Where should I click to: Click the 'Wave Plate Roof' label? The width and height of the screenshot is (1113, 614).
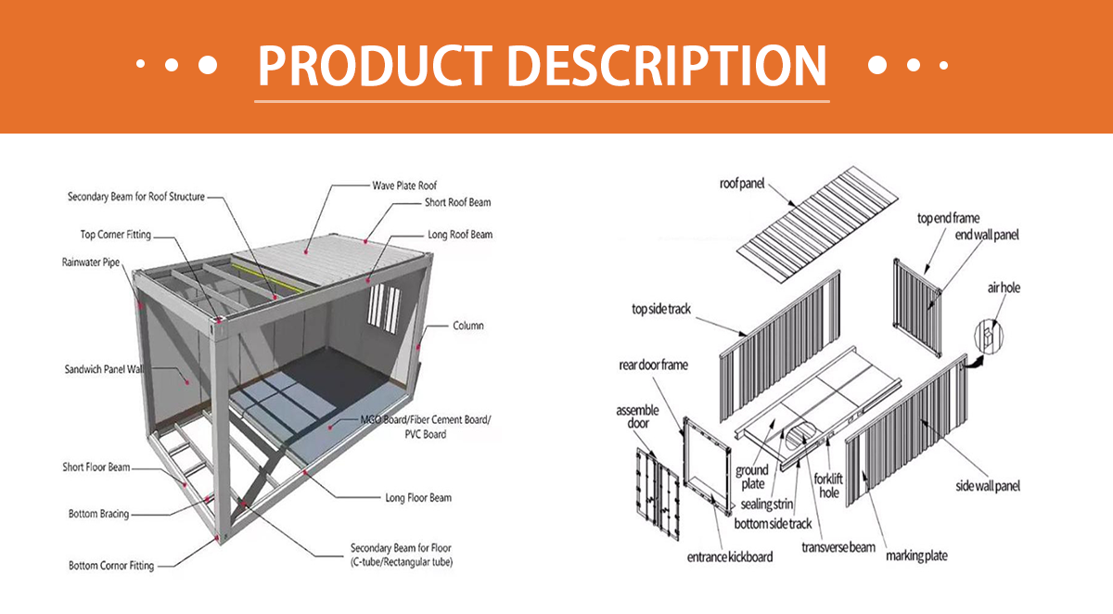click(x=404, y=185)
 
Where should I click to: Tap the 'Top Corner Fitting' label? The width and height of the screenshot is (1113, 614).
click(x=116, y=235)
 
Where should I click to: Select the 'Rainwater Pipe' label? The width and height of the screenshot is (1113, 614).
click(x=91, y=262)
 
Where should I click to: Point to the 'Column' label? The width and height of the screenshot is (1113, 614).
click(x=468, y=326)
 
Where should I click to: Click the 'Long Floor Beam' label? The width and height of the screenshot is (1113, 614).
click(x=418, y=498)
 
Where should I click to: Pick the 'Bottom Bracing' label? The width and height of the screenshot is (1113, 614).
click(x=99, y=514)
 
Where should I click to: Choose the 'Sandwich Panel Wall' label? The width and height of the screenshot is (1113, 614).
click(x=104, y=369)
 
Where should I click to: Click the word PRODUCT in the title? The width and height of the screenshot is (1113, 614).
click(x=375, y=66)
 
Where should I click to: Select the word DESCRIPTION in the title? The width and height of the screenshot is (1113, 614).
click(x=667, y=66)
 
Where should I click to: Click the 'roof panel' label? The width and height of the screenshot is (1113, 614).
click(x=742, y=184)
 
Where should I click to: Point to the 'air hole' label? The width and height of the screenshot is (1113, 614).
click(x=1004, y=288)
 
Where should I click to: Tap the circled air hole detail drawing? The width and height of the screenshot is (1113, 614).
click(x=989, y=337)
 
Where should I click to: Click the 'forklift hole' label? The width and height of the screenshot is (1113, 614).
click(x=828, y=486)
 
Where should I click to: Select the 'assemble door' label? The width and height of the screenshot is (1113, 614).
click(x=637, y=416)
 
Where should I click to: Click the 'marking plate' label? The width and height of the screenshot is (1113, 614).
click(x=916, y=556)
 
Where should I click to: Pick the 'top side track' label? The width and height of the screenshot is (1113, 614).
click(x=661, y=309)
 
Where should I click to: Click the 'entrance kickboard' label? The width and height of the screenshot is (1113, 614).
click(x=730, y=557)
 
